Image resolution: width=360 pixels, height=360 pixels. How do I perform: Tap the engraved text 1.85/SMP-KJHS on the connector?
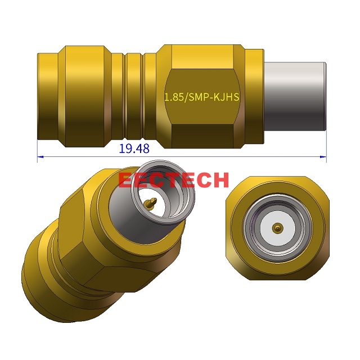201,97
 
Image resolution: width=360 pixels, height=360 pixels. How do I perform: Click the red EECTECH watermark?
173,180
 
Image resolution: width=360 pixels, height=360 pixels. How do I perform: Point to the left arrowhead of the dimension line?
40,156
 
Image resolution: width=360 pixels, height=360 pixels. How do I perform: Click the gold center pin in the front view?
277,227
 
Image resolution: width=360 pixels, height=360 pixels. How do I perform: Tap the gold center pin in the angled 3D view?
150,203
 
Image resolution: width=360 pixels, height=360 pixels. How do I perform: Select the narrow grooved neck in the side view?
133,96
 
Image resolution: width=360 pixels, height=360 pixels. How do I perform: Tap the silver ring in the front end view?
277,227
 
